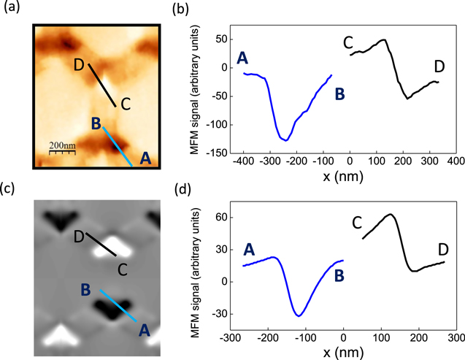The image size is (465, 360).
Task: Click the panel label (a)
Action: coord(13,10)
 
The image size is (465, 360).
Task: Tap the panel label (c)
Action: coord(13,192)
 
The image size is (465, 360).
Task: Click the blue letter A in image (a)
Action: coord(146,156)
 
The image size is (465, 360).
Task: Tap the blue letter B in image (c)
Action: coord(85,289)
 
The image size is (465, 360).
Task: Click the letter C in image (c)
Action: coord(123,269)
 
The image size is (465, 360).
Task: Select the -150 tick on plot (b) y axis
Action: coord(215,153)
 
